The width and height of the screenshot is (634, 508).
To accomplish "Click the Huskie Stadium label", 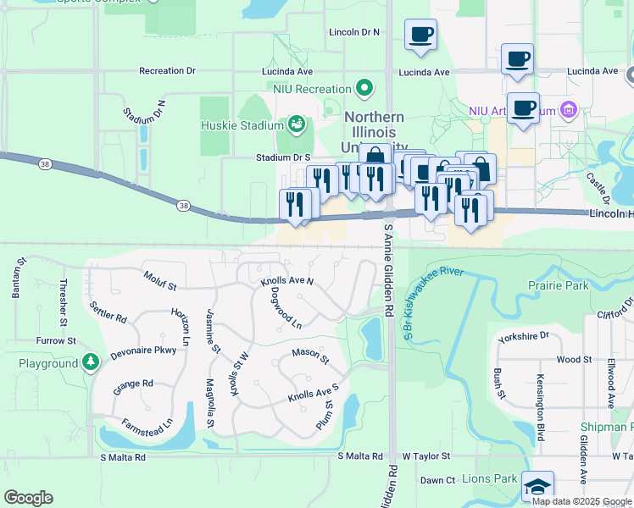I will point(242,126).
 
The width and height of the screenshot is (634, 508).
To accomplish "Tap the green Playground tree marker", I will point(91,363).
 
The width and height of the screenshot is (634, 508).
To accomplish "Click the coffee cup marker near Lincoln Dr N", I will point(420,36).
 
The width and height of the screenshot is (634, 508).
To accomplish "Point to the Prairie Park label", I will point(558,285).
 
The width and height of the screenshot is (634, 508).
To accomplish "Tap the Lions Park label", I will point(490,479).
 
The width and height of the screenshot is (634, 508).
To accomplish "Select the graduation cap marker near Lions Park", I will point(537,487).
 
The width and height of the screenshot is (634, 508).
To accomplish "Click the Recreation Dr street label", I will point(167,71).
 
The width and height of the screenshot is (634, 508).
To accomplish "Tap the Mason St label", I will point(310,356).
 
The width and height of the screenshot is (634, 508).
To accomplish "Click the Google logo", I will point(28,498).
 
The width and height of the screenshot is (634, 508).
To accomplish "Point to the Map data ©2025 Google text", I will point(581,501).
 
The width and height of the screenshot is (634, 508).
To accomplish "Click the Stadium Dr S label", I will point(284,157).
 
